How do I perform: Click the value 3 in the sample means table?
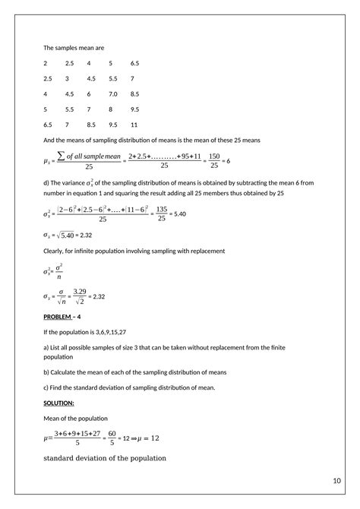click(x=67, y=78)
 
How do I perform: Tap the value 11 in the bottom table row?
click(x=134, y=124)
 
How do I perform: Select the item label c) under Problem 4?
click(x=46, y=387)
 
